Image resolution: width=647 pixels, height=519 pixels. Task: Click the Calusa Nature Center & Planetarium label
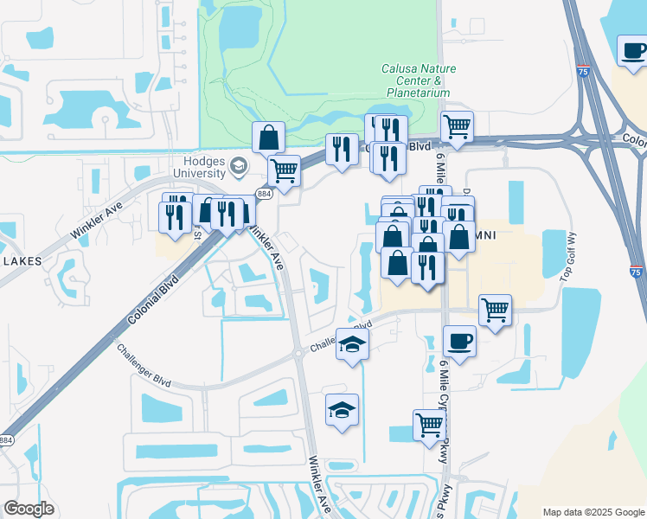pyautogui.click(x=419, y=80)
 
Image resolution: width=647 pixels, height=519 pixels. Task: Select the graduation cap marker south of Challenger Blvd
pyautogui.click(x=342, y=409)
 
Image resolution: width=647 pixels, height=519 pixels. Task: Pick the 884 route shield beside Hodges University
pyautogui.click(x=261, y=195)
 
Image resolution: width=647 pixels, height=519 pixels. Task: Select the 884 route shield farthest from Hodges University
pyautogui.click(x=5, y=440)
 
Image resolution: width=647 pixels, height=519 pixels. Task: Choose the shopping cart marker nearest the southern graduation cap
pyautogui.click(x=428, y=424)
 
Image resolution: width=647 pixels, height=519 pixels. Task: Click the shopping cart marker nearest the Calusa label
pyautogui.click(x=456, y=126)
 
